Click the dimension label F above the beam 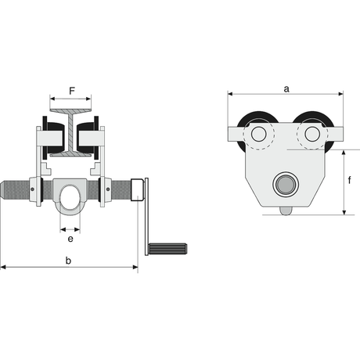72,91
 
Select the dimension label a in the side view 286,89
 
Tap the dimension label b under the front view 68,261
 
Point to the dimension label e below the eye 70,239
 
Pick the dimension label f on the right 350,179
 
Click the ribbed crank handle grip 167,249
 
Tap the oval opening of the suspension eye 70,197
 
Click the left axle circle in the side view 258,134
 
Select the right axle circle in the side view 312,134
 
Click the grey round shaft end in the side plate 286,184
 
